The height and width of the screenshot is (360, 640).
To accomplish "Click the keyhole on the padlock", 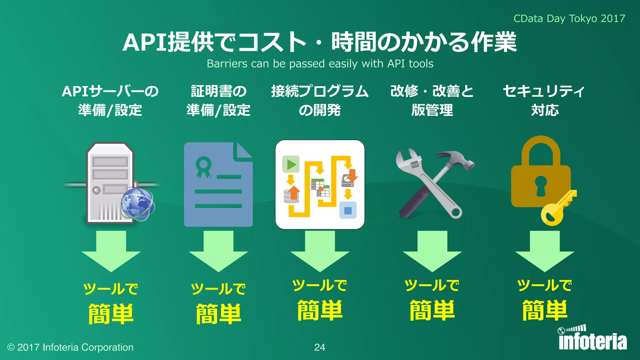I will click(x=541, y=186).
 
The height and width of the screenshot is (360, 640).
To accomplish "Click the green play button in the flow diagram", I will click(x=291, y=164).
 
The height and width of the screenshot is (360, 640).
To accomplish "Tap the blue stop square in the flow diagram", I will click(x=348, y=210).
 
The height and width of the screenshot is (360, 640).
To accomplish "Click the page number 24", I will click(x=319, y=347).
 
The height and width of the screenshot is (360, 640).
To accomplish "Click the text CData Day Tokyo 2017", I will click(x=569, y=18).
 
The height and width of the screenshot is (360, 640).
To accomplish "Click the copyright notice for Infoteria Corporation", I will click(x=70, y=347).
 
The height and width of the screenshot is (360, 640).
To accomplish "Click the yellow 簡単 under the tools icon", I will click(x=432, y=310).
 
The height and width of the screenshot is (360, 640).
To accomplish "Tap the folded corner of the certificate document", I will click(x=245, y=150).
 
